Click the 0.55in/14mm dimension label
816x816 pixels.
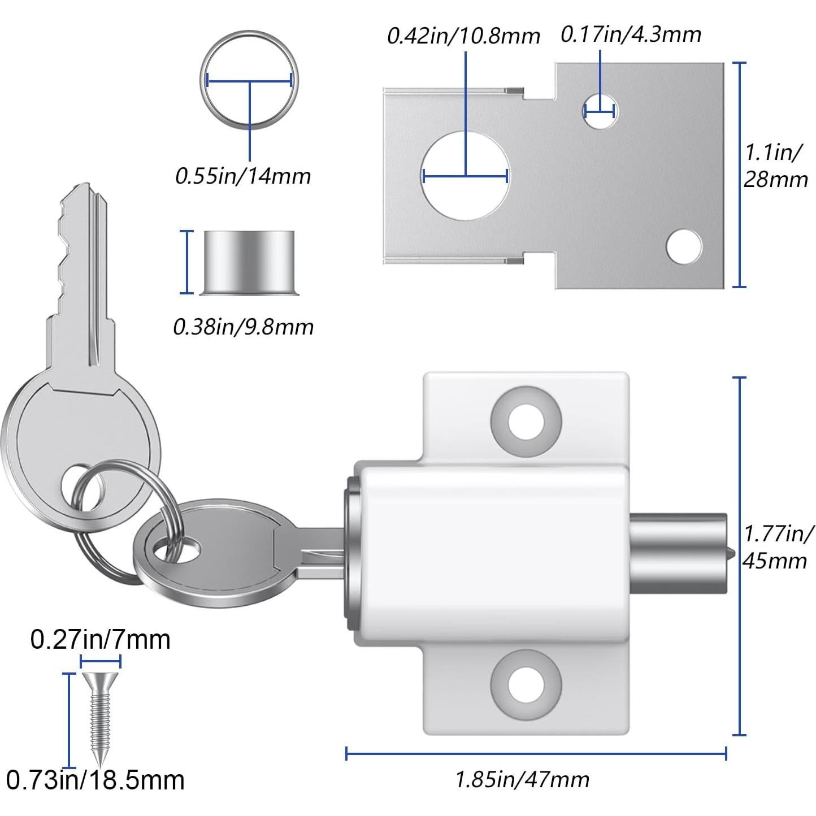[243, 176]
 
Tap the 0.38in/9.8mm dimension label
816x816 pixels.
[243, 327]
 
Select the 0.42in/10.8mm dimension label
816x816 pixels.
[463, 36]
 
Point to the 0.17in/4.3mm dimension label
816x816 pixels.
[631, 34]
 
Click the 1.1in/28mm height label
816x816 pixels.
[775, 166]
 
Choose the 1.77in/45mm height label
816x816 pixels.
[778, 546]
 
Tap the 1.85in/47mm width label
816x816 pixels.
[522, 780]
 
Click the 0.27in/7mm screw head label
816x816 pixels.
[100, 639]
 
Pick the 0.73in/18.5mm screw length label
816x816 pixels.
[96, 780]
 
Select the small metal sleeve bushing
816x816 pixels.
[249, 262]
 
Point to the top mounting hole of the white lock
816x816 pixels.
[526, 422]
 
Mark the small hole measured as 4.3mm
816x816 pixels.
[600, 109]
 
